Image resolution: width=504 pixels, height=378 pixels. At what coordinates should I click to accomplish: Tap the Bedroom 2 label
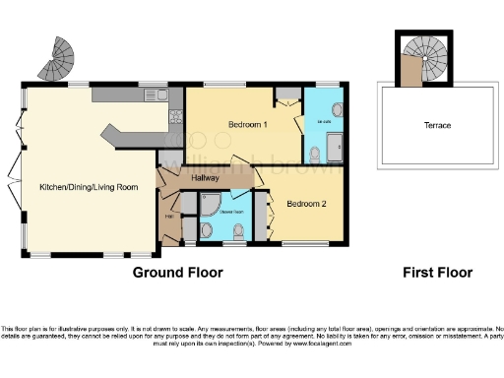point(306,204)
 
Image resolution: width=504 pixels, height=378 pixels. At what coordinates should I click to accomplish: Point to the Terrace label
point(437,126)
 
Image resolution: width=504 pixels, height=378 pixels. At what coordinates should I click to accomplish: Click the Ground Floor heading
point(177,273)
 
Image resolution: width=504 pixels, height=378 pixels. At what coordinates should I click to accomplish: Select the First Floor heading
point(437,273)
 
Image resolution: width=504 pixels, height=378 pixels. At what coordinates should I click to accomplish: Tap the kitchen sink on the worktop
point(159,95)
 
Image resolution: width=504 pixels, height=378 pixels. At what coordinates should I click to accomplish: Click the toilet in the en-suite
point(315,153)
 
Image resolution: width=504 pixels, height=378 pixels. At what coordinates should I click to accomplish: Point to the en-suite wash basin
point(337,109)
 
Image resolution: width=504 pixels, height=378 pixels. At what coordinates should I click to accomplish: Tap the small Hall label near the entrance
point(168,217)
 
